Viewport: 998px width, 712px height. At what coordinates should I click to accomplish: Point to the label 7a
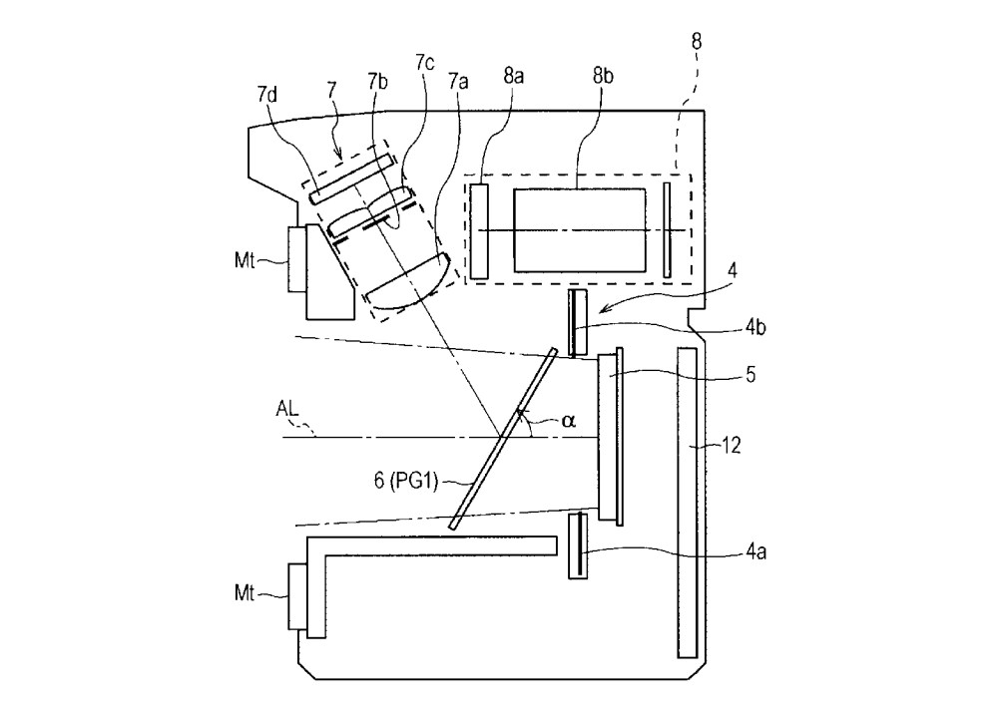(x=458, y=81)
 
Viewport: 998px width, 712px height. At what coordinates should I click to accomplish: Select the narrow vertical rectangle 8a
(x=480, y=230)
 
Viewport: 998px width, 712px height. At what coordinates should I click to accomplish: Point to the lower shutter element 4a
(x=576, y=544)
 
